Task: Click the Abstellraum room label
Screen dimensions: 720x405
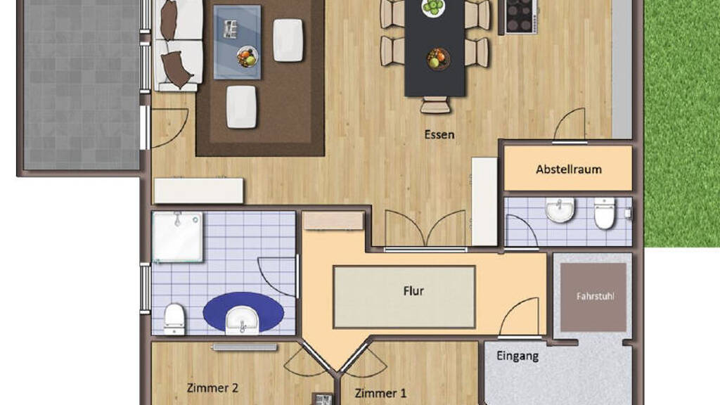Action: point(568,169)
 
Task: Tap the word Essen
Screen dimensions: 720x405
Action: point(439,134)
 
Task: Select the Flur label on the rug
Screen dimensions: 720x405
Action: point(413,291)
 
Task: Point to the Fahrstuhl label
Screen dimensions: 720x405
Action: point(595,297)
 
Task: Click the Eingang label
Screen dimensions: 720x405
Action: point(517,356)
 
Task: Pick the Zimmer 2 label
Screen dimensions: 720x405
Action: point(212,388)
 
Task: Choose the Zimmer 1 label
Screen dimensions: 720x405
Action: point(380,393)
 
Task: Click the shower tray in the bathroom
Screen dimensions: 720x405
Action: point(177,236)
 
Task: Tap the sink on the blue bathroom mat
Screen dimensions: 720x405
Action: point(242,319)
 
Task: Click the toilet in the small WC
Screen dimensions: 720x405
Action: point(605,213)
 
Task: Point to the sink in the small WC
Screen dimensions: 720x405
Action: point(560,210)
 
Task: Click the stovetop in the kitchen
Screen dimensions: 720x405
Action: point(521,16)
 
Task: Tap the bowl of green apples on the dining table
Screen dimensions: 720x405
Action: point(433,7)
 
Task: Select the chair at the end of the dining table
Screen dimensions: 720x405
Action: point(435,105)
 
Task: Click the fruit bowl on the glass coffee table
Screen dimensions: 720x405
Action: point(247,57)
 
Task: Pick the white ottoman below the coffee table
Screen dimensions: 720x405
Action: point(241,107)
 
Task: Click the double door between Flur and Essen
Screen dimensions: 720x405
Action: point(425,230)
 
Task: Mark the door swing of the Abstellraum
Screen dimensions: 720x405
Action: point(570,124)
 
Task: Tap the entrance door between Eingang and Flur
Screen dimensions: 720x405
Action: point(519,318)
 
